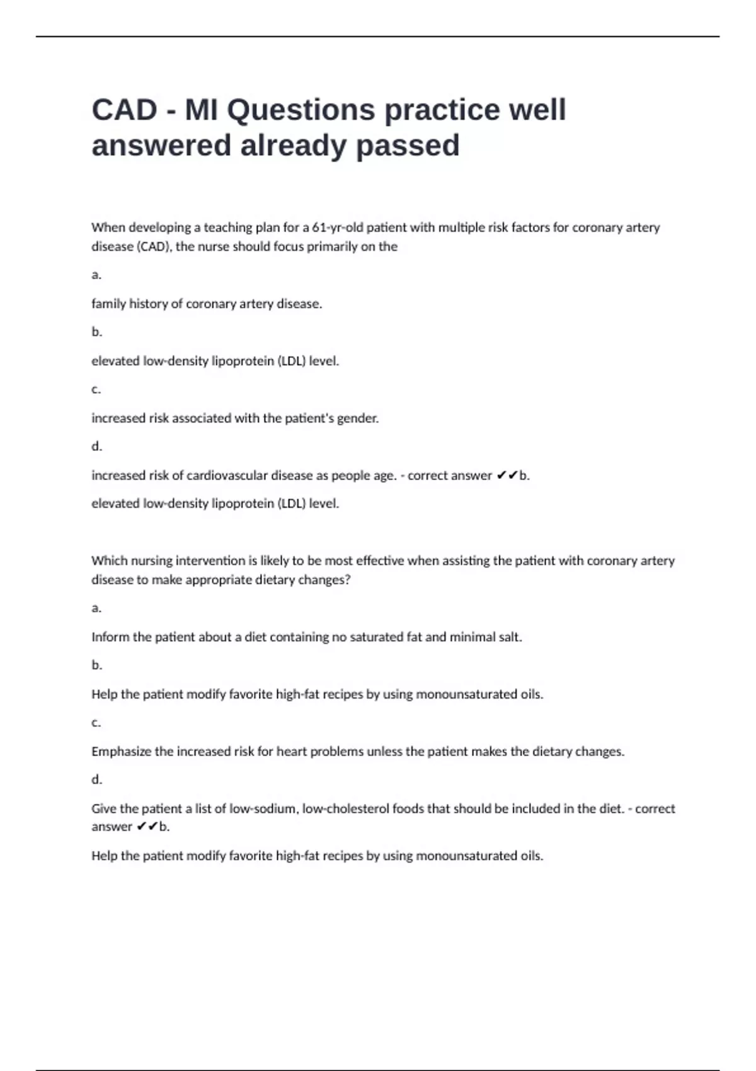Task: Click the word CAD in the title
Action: coord(124,110)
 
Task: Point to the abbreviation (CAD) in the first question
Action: coord(153,246)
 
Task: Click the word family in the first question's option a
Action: coord(108,304)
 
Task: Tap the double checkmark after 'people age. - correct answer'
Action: coord(507,476)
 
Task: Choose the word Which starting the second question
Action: coord(108,561)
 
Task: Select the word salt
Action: coord(510,637)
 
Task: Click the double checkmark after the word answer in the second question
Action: coord(147,827)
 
